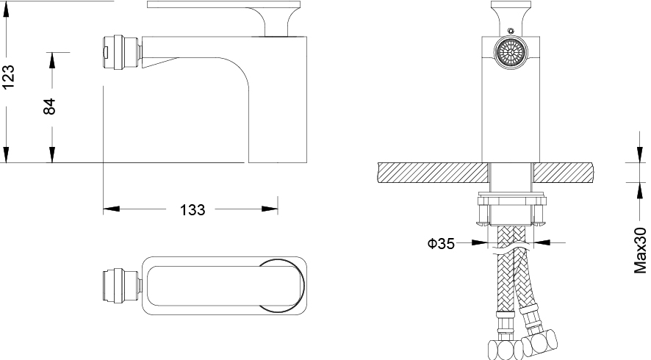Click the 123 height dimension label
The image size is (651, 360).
pyautogui.click(x=8, y=76)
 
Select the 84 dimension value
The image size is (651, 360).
pyautogui.click(x=49, y=107)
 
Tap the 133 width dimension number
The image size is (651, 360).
pyautogui.click(x=193, y=210)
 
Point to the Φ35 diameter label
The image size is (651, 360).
pyautogui.click(x=441, y=243)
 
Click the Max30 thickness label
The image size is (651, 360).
pyautogui.click(x=641, y=251)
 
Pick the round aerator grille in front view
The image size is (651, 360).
pyautogui.click(x=511, y=52)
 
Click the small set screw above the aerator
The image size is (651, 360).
pyautogui.click(x=511, y=30)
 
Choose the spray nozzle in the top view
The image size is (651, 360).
pyautogui.click(x=122, y=286)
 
